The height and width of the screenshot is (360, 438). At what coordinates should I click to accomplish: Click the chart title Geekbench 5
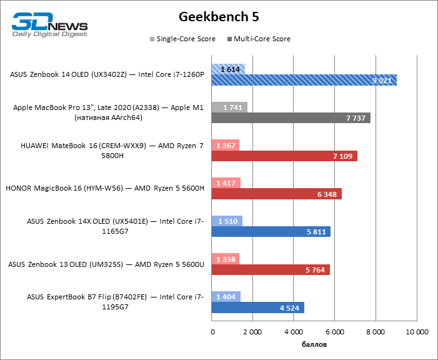(x=219, y=16)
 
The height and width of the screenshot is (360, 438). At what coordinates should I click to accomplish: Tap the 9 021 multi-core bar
(x=304, y=80)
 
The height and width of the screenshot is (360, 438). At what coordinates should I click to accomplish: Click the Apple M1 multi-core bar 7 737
(x=291, y=118)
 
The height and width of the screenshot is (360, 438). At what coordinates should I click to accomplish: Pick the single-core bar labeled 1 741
(x=230, y=107)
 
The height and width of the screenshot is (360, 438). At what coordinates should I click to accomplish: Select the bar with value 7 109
(x=285, y=156)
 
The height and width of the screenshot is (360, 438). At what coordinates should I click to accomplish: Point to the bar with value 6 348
(x=277, y=194)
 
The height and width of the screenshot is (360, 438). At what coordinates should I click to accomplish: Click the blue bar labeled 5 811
(x=271, y=232)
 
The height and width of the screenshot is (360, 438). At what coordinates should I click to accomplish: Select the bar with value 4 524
(x=258, y=307)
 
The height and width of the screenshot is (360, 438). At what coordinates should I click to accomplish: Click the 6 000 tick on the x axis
(x=335, y=331)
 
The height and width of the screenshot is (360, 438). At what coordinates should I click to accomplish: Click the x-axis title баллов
(x=314, y=344)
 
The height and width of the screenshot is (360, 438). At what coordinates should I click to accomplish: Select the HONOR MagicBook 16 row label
(x=105, y=188)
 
